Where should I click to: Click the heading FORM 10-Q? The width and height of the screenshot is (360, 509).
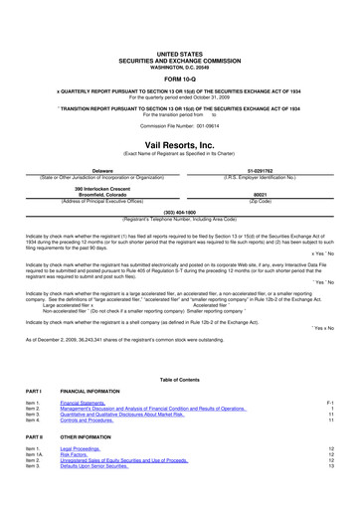point(180,78)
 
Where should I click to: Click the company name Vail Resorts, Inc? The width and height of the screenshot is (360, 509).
point(180,143)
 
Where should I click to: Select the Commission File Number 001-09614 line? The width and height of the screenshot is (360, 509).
point(180,126)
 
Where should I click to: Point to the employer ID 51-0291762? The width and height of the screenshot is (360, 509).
point(262,171)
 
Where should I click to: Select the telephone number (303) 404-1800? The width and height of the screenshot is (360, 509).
point(180,212)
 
